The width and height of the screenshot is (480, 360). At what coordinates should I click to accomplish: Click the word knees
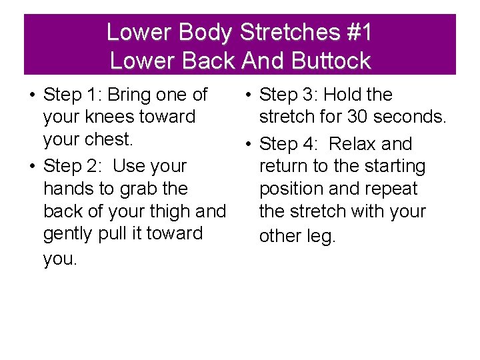pyautogui.click(x=117, y=117)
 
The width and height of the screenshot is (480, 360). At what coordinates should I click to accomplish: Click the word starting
pyautogui.click(x=388, y=166)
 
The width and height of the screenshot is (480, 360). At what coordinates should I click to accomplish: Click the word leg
pyautogui.click(x=320, y=237)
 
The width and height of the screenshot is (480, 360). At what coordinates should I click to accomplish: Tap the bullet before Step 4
pyautogui.click(x=247, y=145)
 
